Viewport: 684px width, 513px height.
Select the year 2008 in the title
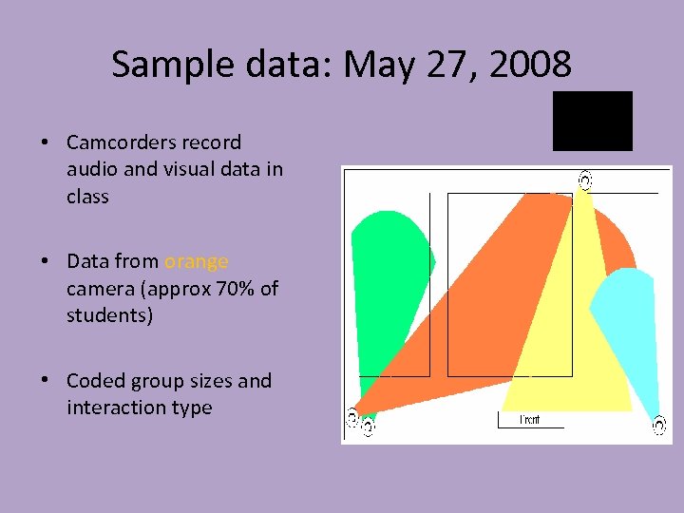pyautogui.click(x=534, y=65)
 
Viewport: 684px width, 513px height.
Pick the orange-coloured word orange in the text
pyautogui.click(x=197, y=261)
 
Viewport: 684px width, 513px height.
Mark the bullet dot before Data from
pyautogui.click(x=45, y=261)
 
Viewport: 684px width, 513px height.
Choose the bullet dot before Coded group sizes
pyautogui.click(x=45, y=381)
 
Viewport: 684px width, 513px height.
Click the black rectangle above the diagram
pyautogui.click(x=593, y=121)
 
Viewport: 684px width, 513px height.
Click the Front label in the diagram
pyautogui.click(x=530, y=420)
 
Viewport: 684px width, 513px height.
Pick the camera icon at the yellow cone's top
pyautogui.click(x=585, y=179)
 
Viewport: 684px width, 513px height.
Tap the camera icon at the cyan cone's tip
pyautogui.click(x=658, y=425)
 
